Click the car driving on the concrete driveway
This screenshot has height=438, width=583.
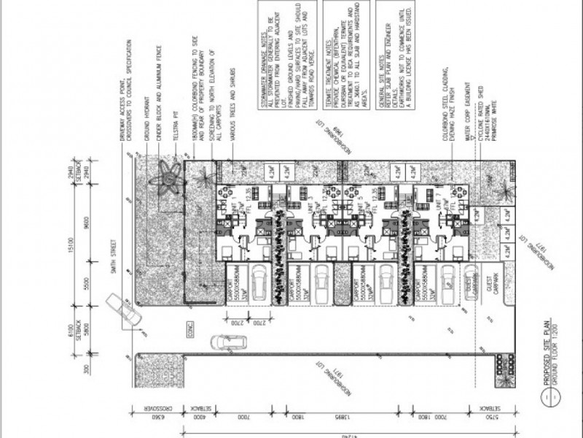tap(226, 342)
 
